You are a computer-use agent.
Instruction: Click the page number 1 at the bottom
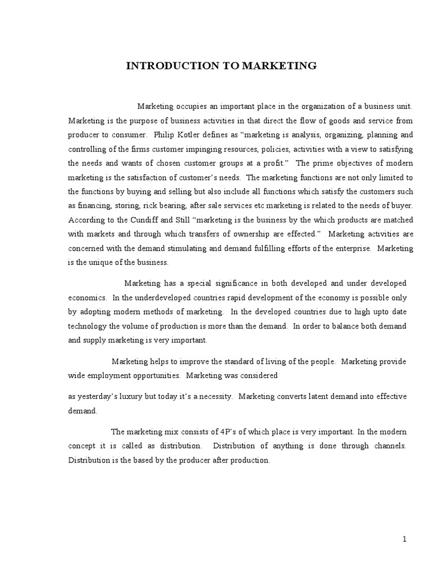404,539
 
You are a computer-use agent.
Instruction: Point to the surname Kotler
193,135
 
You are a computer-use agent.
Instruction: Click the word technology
87,325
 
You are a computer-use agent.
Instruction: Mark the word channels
388,446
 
